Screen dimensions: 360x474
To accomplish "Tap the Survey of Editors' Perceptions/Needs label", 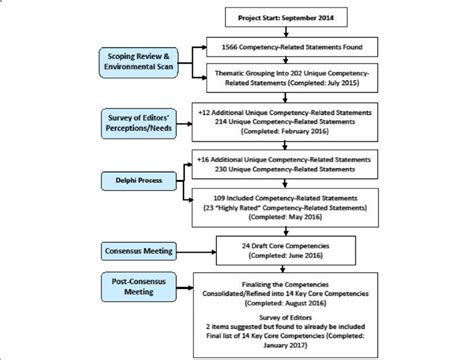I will pos(143,126).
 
